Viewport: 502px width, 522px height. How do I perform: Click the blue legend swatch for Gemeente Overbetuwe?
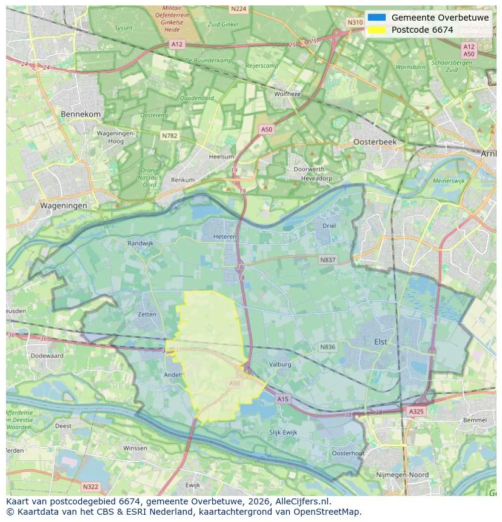coord(376,18)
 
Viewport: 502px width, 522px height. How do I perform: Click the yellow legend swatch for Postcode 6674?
coord(376,30)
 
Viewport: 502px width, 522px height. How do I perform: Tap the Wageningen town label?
coord(64,206)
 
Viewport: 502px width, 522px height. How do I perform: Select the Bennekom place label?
coord(81,114)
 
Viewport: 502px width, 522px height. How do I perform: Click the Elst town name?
coord(380,342)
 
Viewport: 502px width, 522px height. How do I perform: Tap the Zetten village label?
coord(147,315)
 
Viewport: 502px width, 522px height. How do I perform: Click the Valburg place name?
coord(280,364)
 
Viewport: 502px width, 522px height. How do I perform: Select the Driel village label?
coord(329,226)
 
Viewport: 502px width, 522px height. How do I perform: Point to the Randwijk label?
coord(141,243)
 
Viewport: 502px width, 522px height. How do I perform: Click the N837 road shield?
coord(327,259)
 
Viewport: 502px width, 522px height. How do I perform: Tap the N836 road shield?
coord(327,347)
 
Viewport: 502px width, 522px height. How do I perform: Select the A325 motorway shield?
coord(416,411)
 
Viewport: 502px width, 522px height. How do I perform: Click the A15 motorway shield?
coord(283,398)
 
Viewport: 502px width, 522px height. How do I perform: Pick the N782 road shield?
coord(169,136)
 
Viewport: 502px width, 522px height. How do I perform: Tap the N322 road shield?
coord(90,486)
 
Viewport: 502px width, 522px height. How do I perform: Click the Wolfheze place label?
coord(287,94)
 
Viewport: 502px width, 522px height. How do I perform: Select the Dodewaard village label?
coord(47,356)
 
